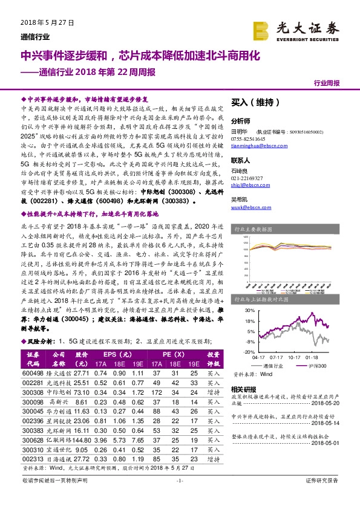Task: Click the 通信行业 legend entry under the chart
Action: coord(272,366)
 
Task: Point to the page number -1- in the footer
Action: coord(180,496)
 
